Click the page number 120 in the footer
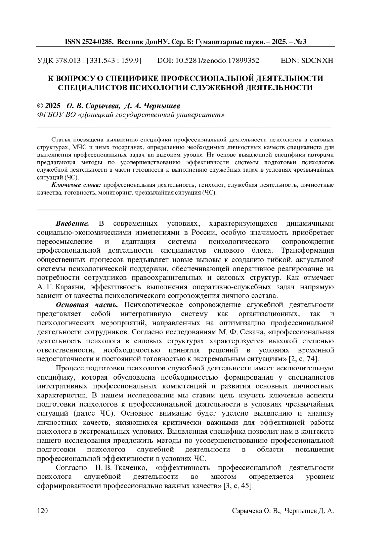click(x=43, y=511)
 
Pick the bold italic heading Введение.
click(x=72, y=224)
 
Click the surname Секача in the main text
click(x=252, y=332)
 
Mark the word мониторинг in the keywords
click(x=116, y=193)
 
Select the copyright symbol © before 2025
click(x=40, y=106)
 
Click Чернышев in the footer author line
click(x=300, y=511)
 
